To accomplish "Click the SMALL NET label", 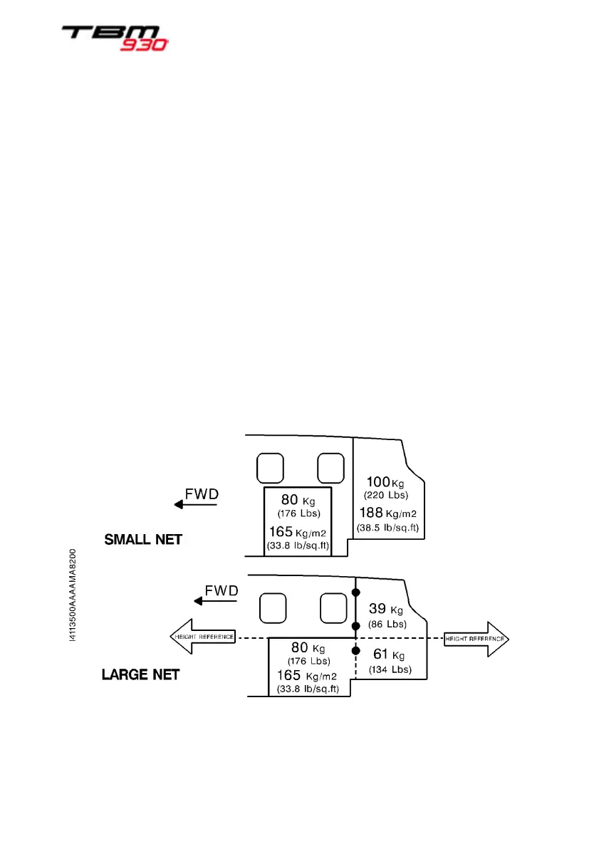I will pos(143,540).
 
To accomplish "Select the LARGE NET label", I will pos(140,674).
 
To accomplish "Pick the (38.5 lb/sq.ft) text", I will pos(387,528).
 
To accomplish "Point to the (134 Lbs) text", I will pos(390,669).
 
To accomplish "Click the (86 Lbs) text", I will pos(387,625).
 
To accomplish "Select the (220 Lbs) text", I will pos(385,495).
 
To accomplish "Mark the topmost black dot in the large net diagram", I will pos(355,593).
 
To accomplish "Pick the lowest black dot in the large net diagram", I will pos(355,651).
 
